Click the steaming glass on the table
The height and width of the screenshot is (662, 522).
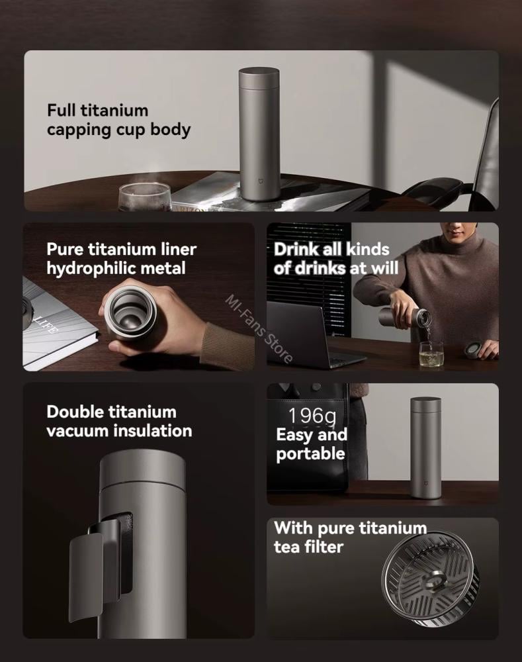145,197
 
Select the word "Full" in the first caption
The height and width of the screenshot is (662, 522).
62,110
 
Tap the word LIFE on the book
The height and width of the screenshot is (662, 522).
46,324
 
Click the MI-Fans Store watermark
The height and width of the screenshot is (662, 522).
259,328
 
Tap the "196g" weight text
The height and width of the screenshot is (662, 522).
312,416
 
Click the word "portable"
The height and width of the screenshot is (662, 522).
310,453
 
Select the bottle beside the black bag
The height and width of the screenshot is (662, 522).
426,448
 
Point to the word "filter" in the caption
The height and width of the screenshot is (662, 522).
326,547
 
